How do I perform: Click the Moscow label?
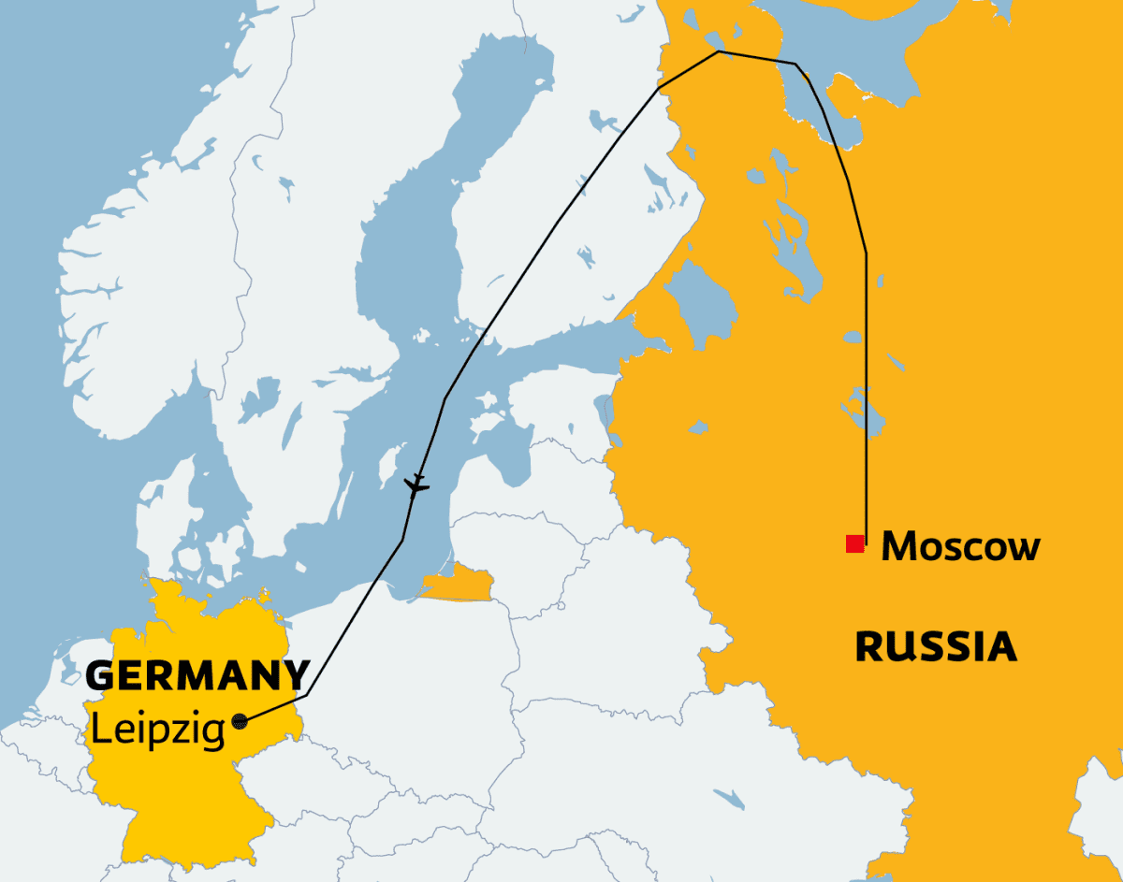coord(960,545)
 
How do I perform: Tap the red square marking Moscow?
coord(854,544)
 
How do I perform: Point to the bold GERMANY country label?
coord(197,675)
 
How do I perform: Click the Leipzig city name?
coord(157,729)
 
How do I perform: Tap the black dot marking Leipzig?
coord(241,720)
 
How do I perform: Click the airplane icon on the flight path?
coord(416,484)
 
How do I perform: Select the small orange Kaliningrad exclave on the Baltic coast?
coord(460,585)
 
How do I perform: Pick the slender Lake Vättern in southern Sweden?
coord(292,426)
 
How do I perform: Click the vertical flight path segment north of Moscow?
coord(866,393)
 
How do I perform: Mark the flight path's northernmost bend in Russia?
coord(718,51)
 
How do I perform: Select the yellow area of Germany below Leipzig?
coord(187,795)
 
